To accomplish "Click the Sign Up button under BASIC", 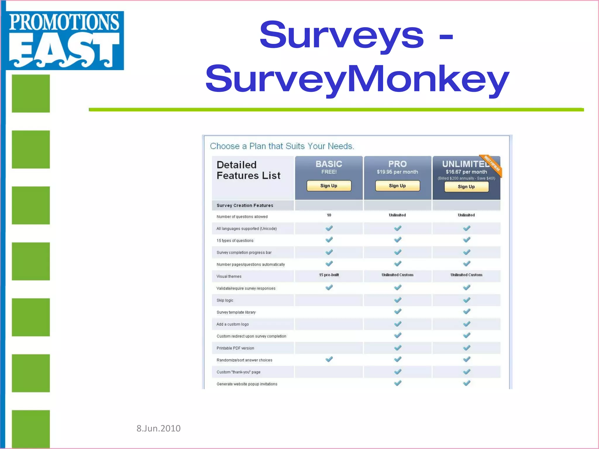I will point(329,186).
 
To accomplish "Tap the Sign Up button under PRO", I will point(397,186).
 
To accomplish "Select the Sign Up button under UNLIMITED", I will point(466,187).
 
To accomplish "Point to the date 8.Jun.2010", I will point(159,428).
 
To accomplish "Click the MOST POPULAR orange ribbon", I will point(492,165).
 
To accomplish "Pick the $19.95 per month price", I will point(397,172).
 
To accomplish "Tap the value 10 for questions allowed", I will point(329,215).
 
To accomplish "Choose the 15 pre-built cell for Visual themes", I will point(329,275).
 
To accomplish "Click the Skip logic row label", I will point(225,301).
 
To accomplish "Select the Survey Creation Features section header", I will point(245,205).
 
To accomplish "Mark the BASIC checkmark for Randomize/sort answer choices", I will point(329,359).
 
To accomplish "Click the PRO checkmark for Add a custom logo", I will point(397,324).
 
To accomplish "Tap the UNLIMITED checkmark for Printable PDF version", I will point(467,348).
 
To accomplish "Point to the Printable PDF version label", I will point(235,348).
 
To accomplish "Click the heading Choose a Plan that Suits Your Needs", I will point(282,146).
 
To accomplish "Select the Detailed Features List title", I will point(248,170).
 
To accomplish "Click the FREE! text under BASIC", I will point(329,172).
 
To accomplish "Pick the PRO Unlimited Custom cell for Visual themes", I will point(397,275).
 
